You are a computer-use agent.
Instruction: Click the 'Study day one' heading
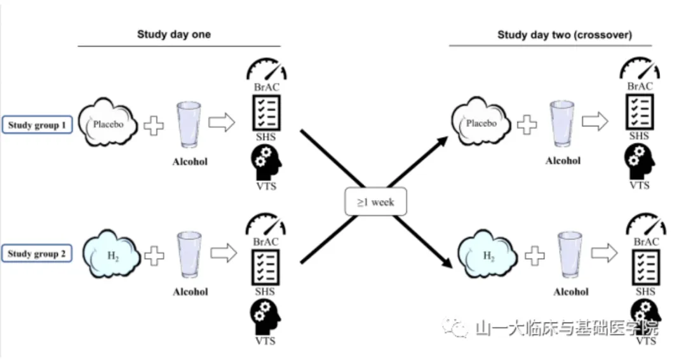coord(173,34)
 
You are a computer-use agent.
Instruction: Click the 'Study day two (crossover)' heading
coord(564,35)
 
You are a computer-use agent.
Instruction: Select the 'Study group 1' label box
coord(37,125)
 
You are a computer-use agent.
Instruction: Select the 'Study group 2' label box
coord(37,255)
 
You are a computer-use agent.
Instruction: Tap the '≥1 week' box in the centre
coord(375,202)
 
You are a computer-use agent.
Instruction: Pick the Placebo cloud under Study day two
coord(481,123)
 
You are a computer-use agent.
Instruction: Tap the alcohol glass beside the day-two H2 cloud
coord(569,255)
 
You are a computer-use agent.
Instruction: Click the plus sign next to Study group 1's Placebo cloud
coord(153,125)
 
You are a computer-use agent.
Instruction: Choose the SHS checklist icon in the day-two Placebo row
coord(638,112)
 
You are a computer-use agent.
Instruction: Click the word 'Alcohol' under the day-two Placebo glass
coord(563,161)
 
